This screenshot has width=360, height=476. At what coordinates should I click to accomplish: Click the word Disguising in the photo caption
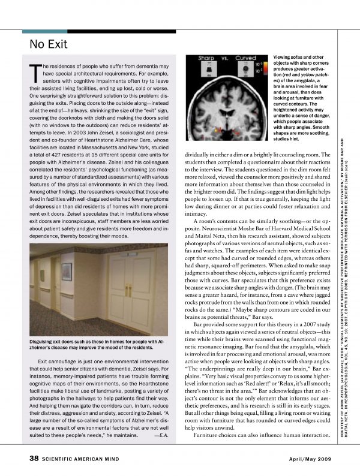44,342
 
